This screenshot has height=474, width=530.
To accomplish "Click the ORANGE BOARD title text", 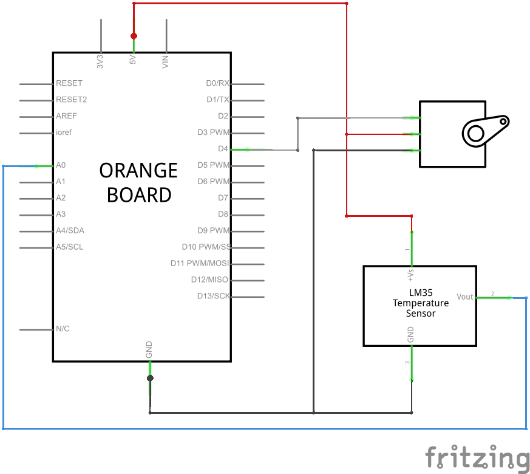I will click(x=139, y=182).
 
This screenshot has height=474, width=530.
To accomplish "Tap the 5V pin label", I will click(x=132, y=61).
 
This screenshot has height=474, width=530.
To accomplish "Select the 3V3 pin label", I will click(x=100, y=61).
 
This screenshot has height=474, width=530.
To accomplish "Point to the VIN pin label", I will click(x=165, y=61).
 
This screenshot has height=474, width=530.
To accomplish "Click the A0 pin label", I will click(x=61, y=165).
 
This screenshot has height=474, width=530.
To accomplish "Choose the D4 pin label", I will click(x=223, y=149).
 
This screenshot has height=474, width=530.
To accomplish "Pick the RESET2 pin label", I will click(x=71, y=100).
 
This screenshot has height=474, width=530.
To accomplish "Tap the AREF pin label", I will click(x=66, y=116).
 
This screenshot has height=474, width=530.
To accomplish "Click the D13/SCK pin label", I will click(x=214, y=297).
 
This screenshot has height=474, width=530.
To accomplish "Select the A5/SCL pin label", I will click(x=70, y=247).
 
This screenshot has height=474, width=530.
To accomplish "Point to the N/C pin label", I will click(x=63, y=329).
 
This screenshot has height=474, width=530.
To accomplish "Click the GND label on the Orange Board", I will click(x=149, y=349).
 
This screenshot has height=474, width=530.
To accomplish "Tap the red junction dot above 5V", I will click(x=134, y=35).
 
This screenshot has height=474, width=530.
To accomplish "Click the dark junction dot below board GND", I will click(x=150, y=378).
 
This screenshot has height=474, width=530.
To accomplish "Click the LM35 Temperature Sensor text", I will click(x=421, y=303).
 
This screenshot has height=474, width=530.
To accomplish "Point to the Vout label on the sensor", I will click(x=465, y=297).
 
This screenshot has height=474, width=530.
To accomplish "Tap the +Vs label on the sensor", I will click(x=411, y=275).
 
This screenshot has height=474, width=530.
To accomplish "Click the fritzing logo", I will click(x=477, y=458).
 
